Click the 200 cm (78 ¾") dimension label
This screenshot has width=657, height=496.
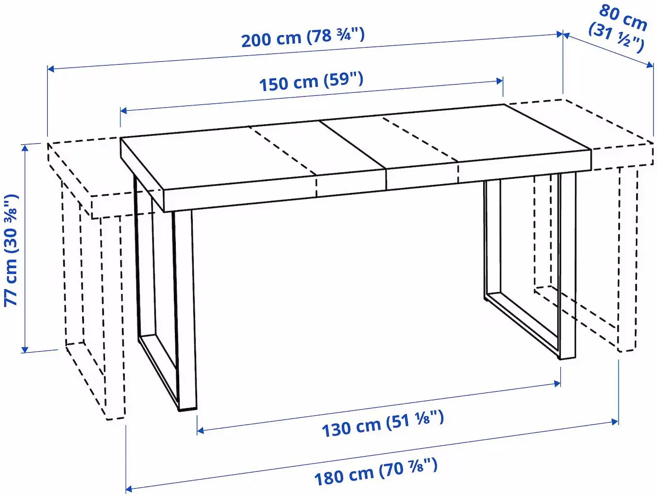pos(303,37)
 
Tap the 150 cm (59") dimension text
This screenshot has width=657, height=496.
pos(311,81)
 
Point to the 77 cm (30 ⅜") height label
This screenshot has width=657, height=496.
pos(12,250)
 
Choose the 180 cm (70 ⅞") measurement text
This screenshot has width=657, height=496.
pos(376,472)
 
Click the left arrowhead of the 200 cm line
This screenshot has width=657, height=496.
pos(50,69)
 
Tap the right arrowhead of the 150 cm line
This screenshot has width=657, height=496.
pos(500,81)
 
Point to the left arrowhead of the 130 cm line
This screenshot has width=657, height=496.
pos(200,430)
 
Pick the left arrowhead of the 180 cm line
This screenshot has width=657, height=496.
pos(129,488)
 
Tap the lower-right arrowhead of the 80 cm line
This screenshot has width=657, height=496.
pos(651,65)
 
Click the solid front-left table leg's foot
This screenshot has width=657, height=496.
pos(187,409)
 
